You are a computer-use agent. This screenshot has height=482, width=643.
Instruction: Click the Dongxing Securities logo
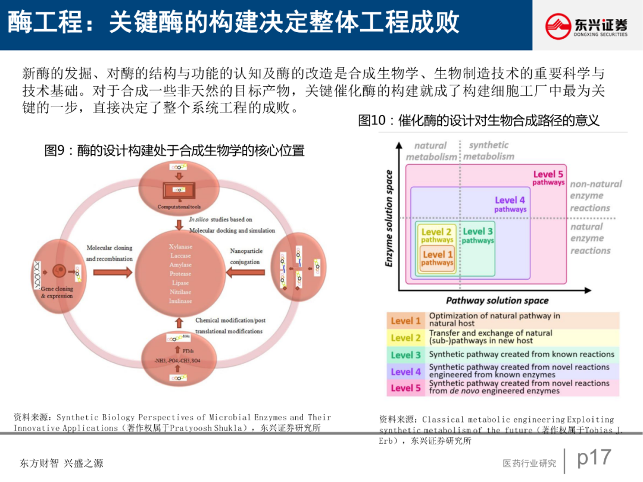[x=586, y=26]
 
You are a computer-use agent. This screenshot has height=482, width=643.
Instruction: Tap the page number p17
[x=594, y=458]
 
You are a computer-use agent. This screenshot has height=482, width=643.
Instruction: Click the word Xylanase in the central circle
[x=181, y=246]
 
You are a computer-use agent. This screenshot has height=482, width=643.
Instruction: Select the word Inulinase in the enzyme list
[x=181, y=301]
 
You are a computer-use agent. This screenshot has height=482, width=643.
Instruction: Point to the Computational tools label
[x=183, y=207]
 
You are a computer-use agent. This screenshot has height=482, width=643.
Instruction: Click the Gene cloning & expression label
[x=57, y=292]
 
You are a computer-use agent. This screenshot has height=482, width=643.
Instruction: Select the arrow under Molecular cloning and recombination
[x=110, y=273]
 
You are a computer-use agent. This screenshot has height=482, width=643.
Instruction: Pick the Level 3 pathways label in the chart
[x=477, y=236]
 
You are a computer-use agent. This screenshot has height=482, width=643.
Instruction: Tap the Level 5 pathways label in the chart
[x=548, y=178]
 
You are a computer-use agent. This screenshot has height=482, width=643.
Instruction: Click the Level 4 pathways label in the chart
[x=510, y=204]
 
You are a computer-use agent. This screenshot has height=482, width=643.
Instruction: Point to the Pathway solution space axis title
[x=497, y=301]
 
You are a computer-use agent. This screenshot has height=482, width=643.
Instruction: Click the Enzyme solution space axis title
[x=389, y=218]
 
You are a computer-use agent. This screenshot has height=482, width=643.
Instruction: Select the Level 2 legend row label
[x=406, y=337]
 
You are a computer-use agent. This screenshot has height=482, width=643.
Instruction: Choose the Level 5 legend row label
[x=406, y=388]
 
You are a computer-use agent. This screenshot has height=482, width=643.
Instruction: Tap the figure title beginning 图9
[x=174, y=151]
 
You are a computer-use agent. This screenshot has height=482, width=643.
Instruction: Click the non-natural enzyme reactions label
[x=595, y=196]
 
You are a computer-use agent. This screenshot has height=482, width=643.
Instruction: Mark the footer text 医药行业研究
[x=529, y=464]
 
